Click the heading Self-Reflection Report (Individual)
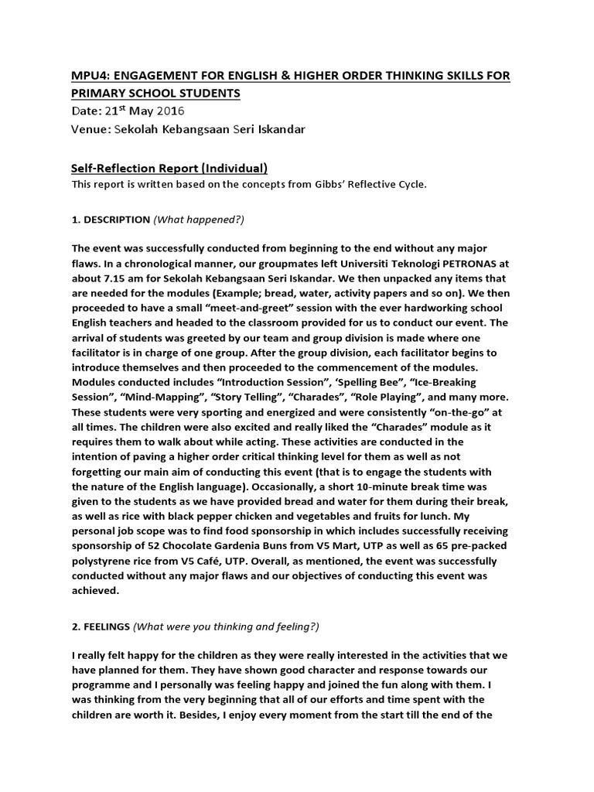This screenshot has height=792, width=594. click(x=169, y=167)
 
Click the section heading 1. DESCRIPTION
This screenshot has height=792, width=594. click(x=111, y=220)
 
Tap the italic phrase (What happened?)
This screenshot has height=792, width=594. click(x=199, y=220)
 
